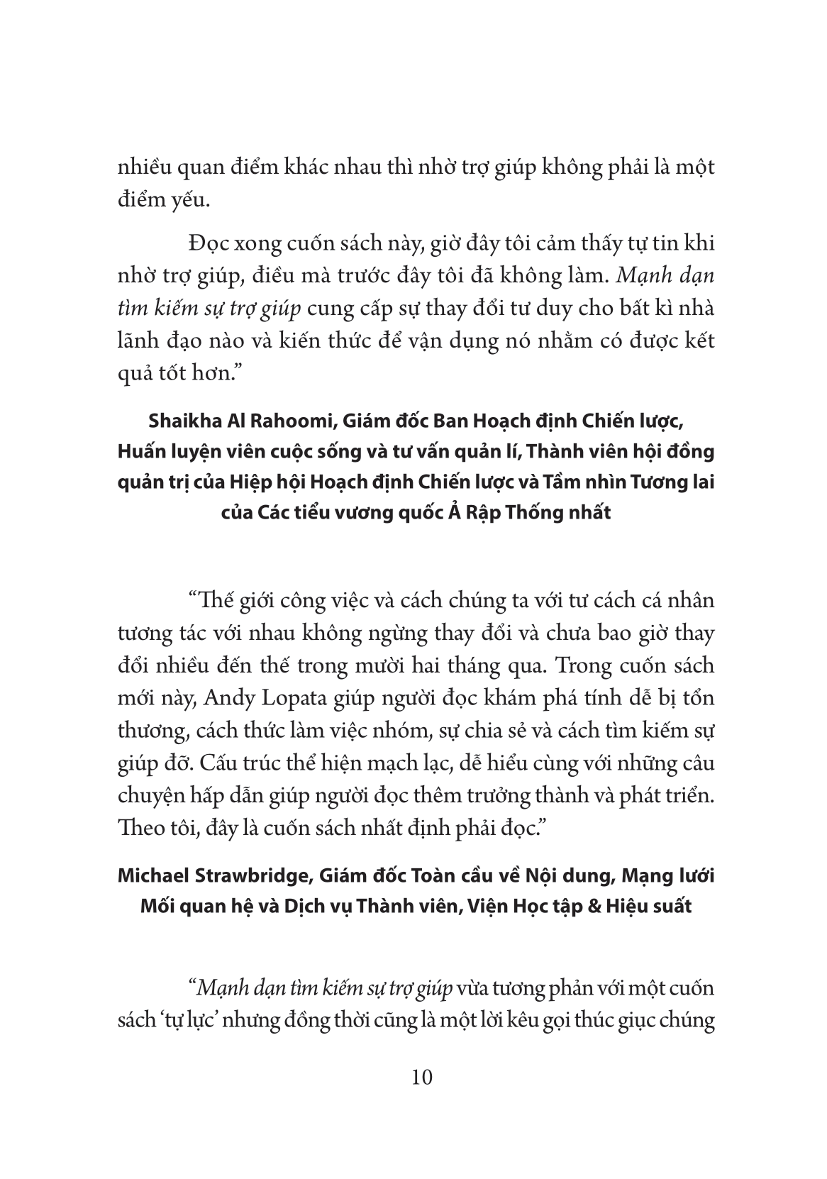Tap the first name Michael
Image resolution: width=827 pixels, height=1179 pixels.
(150, 876)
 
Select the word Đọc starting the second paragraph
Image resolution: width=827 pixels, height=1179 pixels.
(207, 243)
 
